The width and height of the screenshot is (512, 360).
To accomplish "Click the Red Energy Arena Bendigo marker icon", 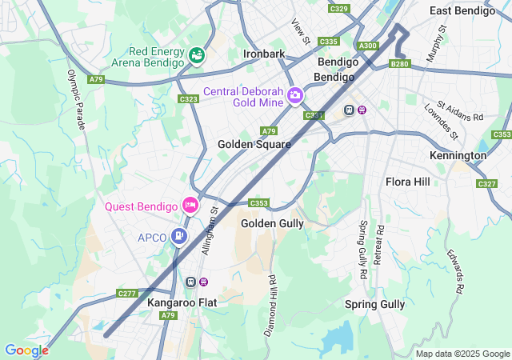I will [x=196, y=55].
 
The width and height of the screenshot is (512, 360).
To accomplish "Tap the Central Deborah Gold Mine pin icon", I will [x=295, y=97].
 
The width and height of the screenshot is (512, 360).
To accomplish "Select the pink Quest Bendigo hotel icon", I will [x=190, y=206].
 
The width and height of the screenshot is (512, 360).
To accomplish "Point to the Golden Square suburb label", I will [x=254, y=144].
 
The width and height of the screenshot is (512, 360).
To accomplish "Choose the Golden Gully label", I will [x=272, y=223].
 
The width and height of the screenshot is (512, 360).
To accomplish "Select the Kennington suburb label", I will [x=458, y=154].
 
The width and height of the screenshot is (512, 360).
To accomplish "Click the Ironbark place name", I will [x=264, y=54].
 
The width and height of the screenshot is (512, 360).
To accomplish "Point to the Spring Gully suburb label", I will [x=374, y=304].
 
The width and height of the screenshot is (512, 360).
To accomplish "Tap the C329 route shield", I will [x=339, y=9].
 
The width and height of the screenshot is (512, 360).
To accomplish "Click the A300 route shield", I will [x=368, y=46].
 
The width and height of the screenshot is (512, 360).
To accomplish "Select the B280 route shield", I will [x=399, y=63].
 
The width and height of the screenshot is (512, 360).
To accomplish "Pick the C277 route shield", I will [x=128, y=294].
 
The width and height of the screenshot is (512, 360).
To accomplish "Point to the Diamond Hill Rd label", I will [x=271, y=305].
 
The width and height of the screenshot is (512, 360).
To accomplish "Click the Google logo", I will [x=26, y=350].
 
